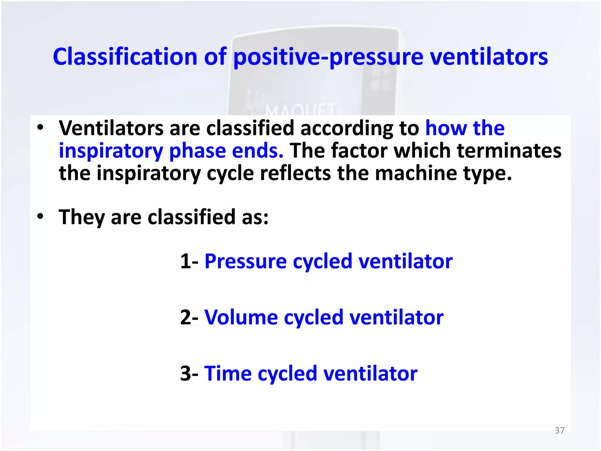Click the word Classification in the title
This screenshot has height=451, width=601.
point(125,57)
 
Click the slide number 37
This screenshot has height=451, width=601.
point(559,430)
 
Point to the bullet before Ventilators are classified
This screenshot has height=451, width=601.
point(40,128)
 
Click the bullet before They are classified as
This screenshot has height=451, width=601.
point(40,217)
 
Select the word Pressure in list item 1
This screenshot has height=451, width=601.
point(245,261)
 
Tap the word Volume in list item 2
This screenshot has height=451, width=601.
point(241,317)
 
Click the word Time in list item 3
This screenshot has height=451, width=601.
point(228,373)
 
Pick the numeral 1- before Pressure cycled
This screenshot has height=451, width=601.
point(189,261)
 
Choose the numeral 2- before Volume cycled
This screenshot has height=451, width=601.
point(189,317)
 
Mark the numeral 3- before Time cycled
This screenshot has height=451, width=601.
point(189,373)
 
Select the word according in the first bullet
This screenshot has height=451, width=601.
point(346,129)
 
